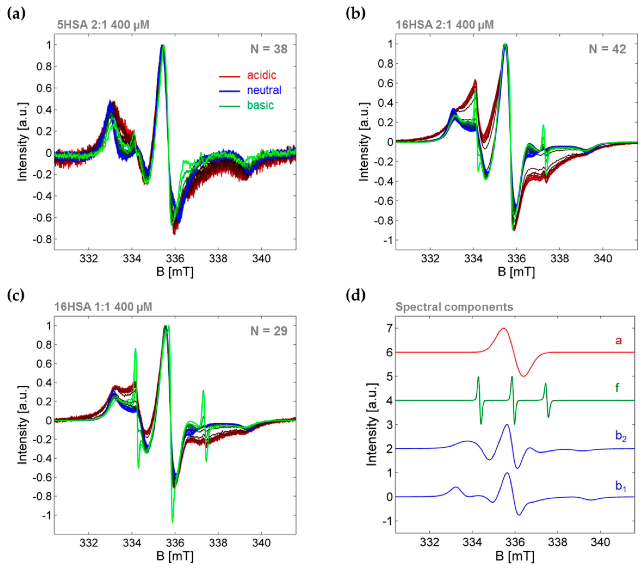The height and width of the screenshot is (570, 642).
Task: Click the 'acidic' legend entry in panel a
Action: point(261,75)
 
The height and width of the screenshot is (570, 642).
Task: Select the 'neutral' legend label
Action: point(264,90)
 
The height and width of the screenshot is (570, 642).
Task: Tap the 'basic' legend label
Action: point(260,105)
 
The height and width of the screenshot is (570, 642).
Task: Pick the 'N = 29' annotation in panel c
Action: point(269,331)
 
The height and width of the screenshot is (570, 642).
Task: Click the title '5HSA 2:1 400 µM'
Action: point(103,25)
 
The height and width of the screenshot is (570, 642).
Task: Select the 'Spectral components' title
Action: point(454,307)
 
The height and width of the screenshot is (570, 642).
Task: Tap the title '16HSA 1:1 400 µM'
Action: point(103,307)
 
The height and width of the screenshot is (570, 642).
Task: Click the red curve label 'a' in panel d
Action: point(618,341)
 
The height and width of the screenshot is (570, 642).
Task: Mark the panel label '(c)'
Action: point(16,295)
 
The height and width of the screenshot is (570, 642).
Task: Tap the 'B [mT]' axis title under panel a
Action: point(175,272)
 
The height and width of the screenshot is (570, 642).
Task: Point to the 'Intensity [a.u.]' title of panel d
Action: point(372,424)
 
